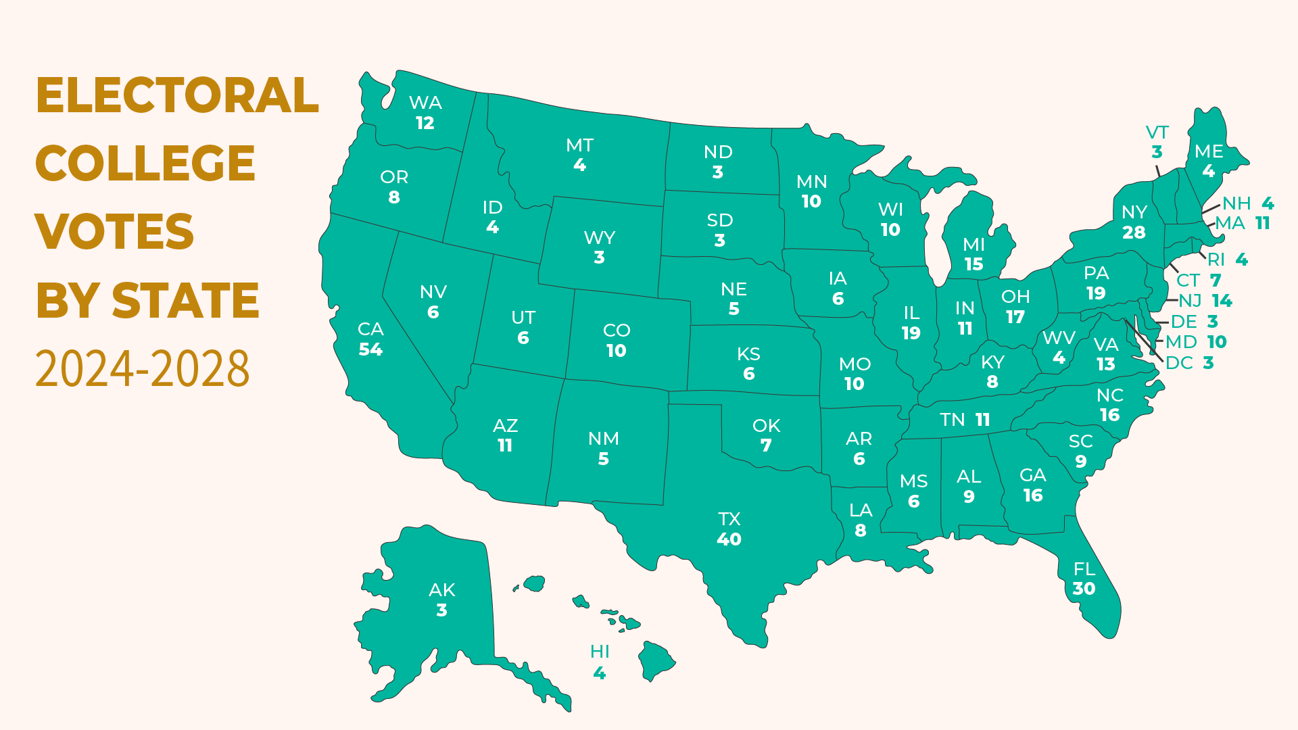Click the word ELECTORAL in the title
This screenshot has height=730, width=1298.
(177, 95)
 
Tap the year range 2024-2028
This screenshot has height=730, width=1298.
(143, 369)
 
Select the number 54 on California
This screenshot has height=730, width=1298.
(370, 349)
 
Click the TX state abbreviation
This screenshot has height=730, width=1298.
(729, 519)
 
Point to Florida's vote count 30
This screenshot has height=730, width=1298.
(1084, 589)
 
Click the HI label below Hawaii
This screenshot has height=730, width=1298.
(600, 652)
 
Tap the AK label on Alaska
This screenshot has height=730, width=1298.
(442, 590)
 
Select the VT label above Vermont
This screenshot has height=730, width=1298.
(1157, 132)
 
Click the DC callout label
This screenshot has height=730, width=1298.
(1179, 363)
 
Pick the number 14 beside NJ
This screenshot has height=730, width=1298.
(1222, 301)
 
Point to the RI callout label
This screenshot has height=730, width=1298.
(1216, 260)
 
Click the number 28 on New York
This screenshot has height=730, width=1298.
(1134, 233)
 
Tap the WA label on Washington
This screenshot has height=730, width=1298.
(425, 103)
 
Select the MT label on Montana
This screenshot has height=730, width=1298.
(579, 145)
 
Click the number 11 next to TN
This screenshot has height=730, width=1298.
(982, 420)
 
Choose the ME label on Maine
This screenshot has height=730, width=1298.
(1209, 151)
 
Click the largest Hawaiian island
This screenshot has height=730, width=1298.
(656, 660)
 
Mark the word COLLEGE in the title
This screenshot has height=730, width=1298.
(145, 164)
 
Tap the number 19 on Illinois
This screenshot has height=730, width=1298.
(911, 333)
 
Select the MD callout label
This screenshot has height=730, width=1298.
(1181, 342)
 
